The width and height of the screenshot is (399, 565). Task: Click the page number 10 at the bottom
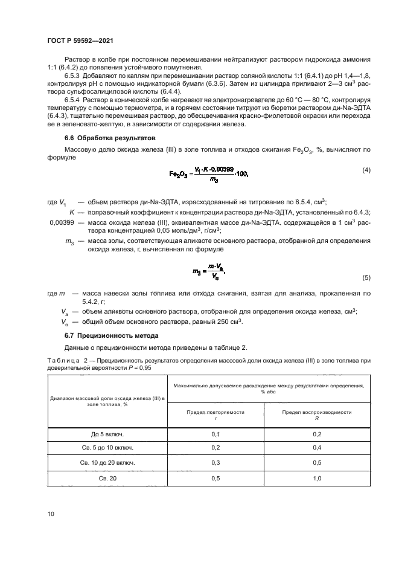pyautogui.click(x=50, y=514)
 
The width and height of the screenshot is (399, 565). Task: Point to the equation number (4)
pyautogui.click(x=366, y=170)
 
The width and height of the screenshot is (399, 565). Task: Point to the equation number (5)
pyautogui.click(x=366, y=277)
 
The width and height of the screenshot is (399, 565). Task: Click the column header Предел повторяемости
pyautogui.click(x=215, y=413)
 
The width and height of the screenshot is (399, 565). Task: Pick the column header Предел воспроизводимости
pyautogui.click(x=317, y=413)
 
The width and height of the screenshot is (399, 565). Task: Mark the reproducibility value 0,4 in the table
pyautogui.click(x=317, y=448)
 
